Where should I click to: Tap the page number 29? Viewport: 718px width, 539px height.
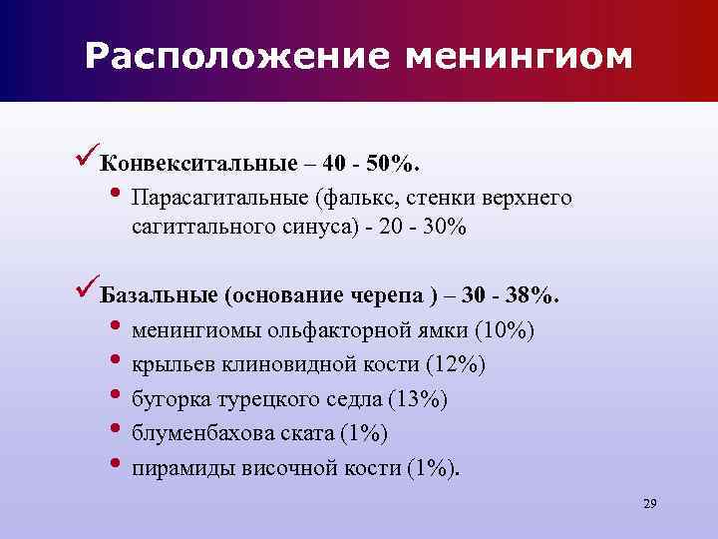649,502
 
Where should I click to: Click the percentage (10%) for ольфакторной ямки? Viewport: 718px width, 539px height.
506,329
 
